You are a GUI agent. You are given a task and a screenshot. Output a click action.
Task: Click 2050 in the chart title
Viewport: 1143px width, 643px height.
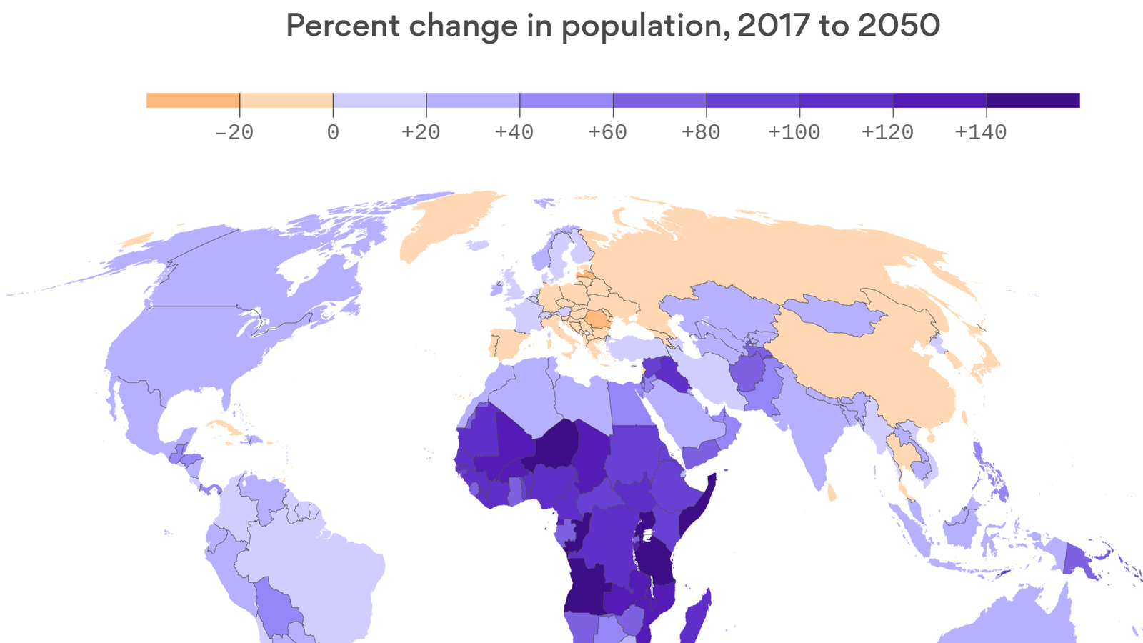click(x=899, y=26)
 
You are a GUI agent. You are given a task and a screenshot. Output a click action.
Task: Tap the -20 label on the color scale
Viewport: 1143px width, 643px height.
click(x=234, y=132)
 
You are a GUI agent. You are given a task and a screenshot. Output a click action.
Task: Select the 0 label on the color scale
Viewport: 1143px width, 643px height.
click(x=333, y=132)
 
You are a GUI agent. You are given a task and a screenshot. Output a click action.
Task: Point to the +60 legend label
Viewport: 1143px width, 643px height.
click(x=607, y=132)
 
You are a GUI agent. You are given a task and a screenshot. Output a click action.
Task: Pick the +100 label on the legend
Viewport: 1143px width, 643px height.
click(x=794, y=132)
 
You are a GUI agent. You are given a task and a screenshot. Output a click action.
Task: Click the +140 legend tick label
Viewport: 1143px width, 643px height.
click(x=980, y=132)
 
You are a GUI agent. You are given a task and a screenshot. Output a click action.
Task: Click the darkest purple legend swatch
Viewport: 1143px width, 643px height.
click(x=1033, y=100)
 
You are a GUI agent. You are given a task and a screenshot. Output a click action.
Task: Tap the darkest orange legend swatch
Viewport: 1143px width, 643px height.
click(x=193, y=100)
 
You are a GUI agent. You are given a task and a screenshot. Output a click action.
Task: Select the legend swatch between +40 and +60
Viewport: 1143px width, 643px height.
click(x=566, y=100)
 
